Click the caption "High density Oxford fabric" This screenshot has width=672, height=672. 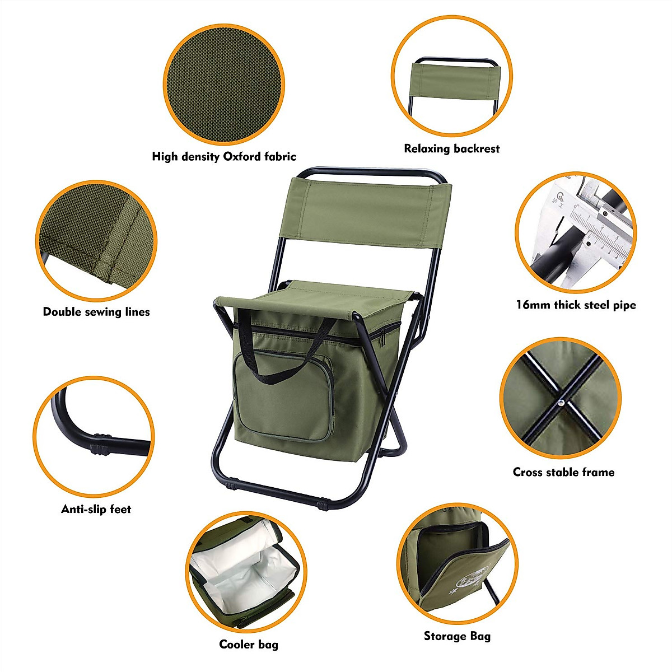coord(223,157)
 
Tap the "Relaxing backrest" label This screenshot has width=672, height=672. coord(451,149)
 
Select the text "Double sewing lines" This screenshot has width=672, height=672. coord(96,312)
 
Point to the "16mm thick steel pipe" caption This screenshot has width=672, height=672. coord(576,305)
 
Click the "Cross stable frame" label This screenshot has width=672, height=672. coord(563,472)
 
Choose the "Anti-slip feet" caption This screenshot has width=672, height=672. coord(96,509)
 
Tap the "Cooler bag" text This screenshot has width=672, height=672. coord(248,645)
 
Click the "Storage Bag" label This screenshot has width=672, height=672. coord(457,636)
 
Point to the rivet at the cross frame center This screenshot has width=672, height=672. coord(561,402)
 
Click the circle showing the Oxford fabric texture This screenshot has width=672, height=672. coord(224,84)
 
